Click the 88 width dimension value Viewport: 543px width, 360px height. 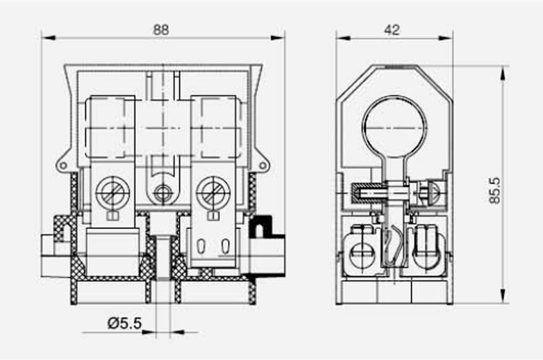pyautogui.click(x=161, y=30)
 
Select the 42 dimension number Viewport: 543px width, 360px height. pyautogui.click(x=392, y=30)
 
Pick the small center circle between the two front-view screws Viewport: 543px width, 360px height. pyautogui.click(x=162, y=193)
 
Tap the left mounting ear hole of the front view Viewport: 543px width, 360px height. pyautogui.click(x=62, y=164)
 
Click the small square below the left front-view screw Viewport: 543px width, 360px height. pyautogui.click(x=110, y=217)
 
